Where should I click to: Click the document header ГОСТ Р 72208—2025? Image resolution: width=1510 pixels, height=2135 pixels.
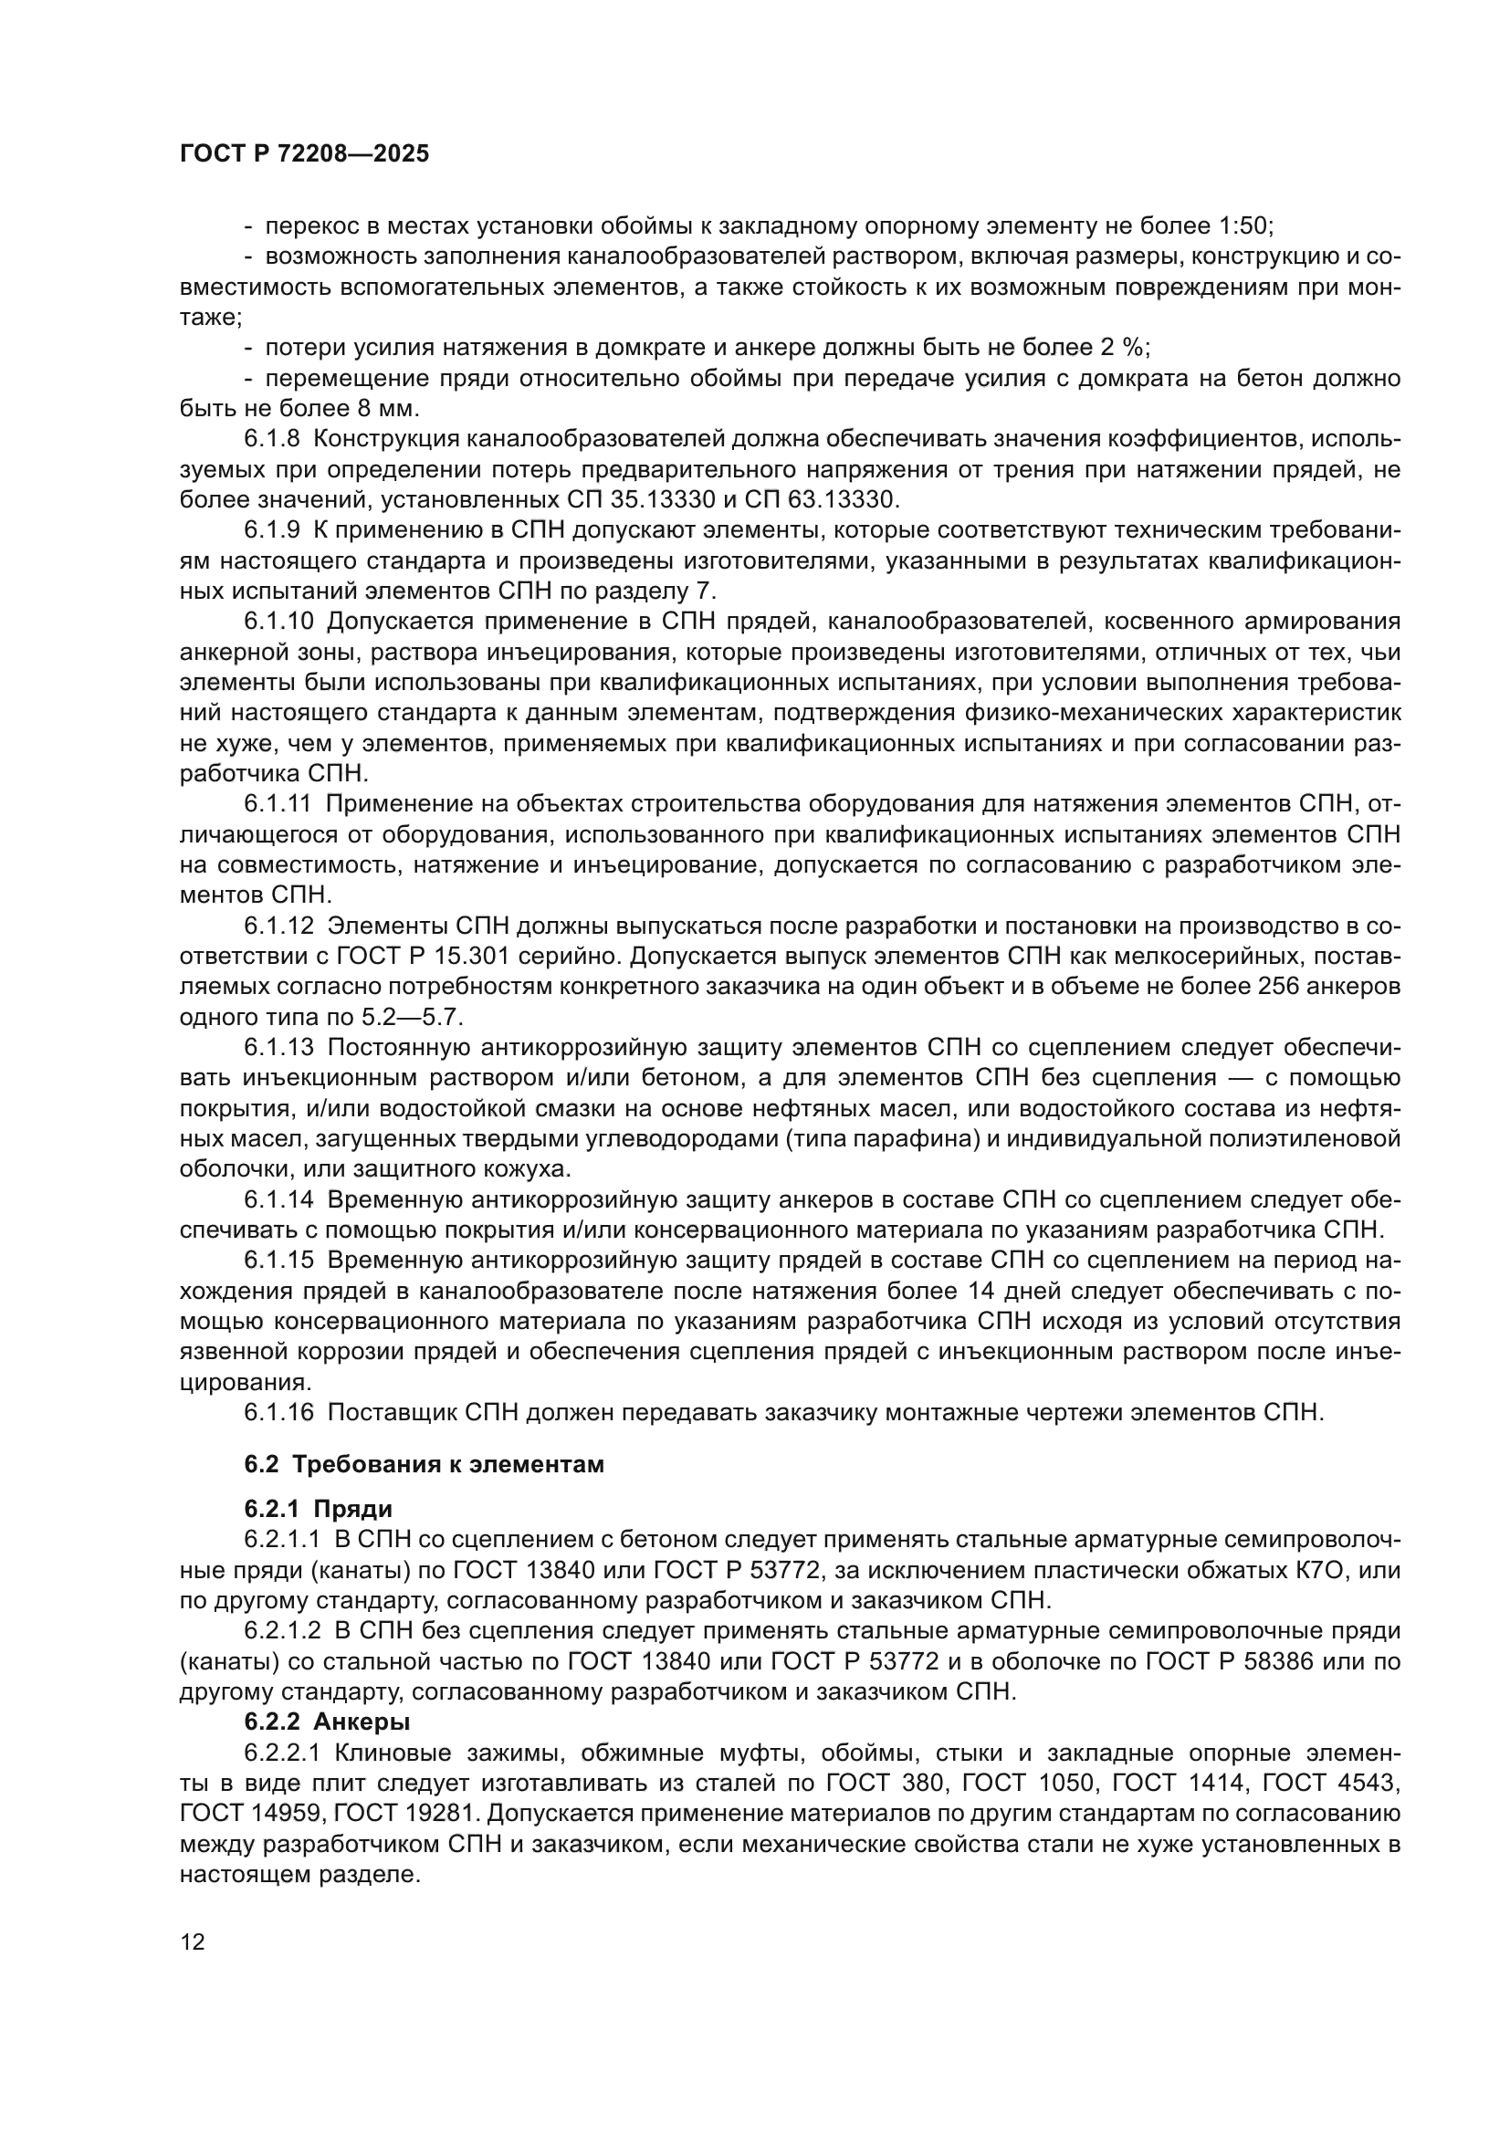tap(304, 154)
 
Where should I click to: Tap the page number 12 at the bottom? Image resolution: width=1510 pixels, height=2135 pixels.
tap(193, 1941)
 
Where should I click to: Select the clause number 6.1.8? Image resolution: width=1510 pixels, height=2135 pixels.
tap(271, 439)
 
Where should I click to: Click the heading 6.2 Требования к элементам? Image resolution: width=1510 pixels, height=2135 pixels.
tap(424, 1464)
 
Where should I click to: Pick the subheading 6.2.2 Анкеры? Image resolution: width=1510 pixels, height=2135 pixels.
tap(328, 1722)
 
